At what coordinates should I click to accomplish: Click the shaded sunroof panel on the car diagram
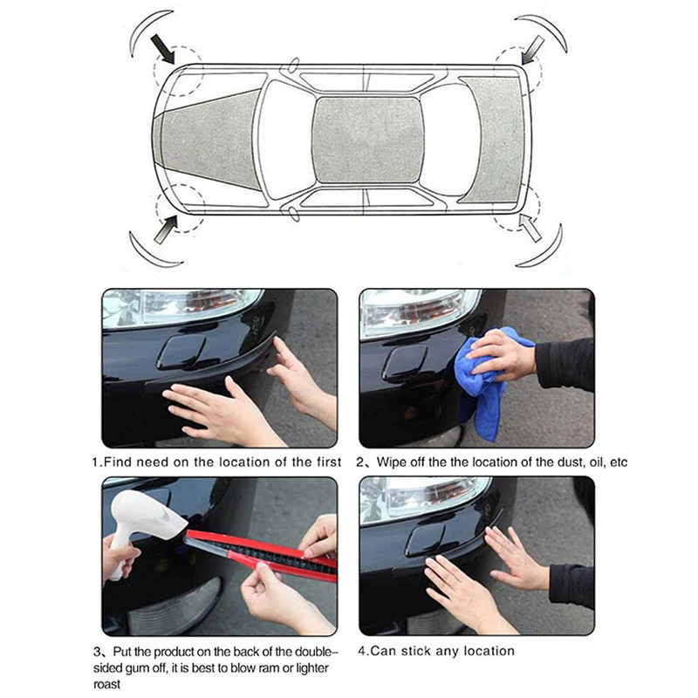pos(367,140)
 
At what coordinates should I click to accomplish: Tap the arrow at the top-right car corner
pos(532,50)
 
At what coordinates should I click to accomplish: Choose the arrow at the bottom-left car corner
pos(166,229)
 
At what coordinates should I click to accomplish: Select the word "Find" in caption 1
pos(118,462)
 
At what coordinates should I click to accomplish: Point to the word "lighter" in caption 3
pos(310,667)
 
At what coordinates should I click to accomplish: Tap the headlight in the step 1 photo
pos(181,306)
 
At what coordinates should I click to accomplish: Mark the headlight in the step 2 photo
pos(421,311)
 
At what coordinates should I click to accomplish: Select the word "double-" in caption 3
pos(314,652)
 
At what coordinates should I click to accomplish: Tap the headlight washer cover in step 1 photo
pos(181,352)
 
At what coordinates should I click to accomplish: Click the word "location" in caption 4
pos(489,651)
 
